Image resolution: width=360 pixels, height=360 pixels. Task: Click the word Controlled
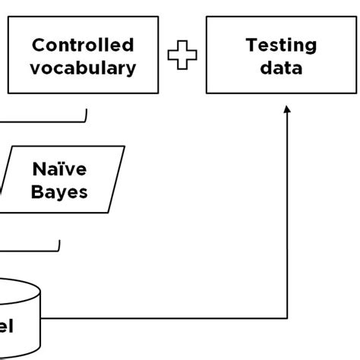[x=84, y=46]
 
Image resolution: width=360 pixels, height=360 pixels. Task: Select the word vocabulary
[x=84, y=68]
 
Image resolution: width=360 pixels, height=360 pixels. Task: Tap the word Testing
[x=281, y=46]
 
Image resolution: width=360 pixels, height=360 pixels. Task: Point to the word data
[x=281, y=68]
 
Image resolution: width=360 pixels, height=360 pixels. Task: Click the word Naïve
[x=60, y=168]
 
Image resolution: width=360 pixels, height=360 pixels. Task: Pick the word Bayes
[x=60, y=191]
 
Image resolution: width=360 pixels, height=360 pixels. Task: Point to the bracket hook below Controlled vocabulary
[x=86, y=115]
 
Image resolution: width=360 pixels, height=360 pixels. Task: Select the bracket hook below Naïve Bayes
[x=59, y=246]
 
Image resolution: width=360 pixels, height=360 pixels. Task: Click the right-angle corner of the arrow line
[x=287, y=317]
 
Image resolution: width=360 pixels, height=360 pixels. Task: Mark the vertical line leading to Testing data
[x=287, y=213]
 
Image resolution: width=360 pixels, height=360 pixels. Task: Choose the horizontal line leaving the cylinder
[x=163, y=317]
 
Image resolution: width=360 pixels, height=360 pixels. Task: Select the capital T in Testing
[x=251, y=46]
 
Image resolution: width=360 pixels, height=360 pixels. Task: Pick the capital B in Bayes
[x=37, y=191]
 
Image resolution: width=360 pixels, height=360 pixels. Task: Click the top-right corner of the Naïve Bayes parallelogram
[x=124, y=147]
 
